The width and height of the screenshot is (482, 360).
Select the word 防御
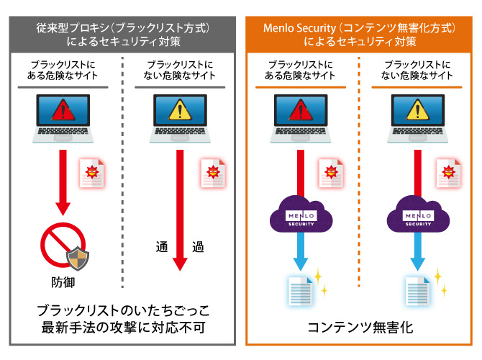click(63, 281)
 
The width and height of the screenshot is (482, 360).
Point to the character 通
click(162, 248)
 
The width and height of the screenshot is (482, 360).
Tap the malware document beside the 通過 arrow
click(213, 173)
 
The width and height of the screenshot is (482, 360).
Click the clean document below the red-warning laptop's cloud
click(301, 289)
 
